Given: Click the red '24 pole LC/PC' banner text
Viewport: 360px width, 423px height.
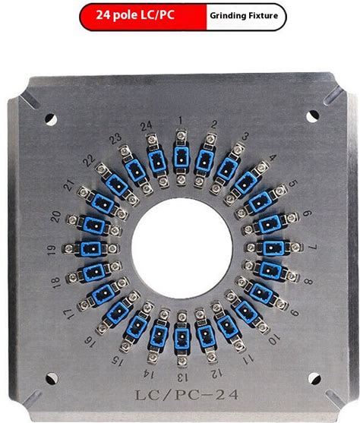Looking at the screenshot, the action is [135, 15].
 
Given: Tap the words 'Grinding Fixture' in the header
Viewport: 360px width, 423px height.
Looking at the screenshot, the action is [244, 16].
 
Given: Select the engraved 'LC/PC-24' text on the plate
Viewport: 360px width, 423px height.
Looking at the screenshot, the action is [187, 395].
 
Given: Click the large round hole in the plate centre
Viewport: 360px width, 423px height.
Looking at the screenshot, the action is [182, 248].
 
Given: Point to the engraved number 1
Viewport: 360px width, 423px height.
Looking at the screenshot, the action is [181, 120].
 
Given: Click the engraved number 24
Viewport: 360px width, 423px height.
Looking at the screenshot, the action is [147, 126].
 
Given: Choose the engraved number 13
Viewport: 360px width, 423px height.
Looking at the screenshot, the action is [182, 377].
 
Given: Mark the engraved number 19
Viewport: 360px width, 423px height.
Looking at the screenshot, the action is [52, 250].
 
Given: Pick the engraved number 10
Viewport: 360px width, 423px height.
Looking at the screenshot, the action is [275, 339].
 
